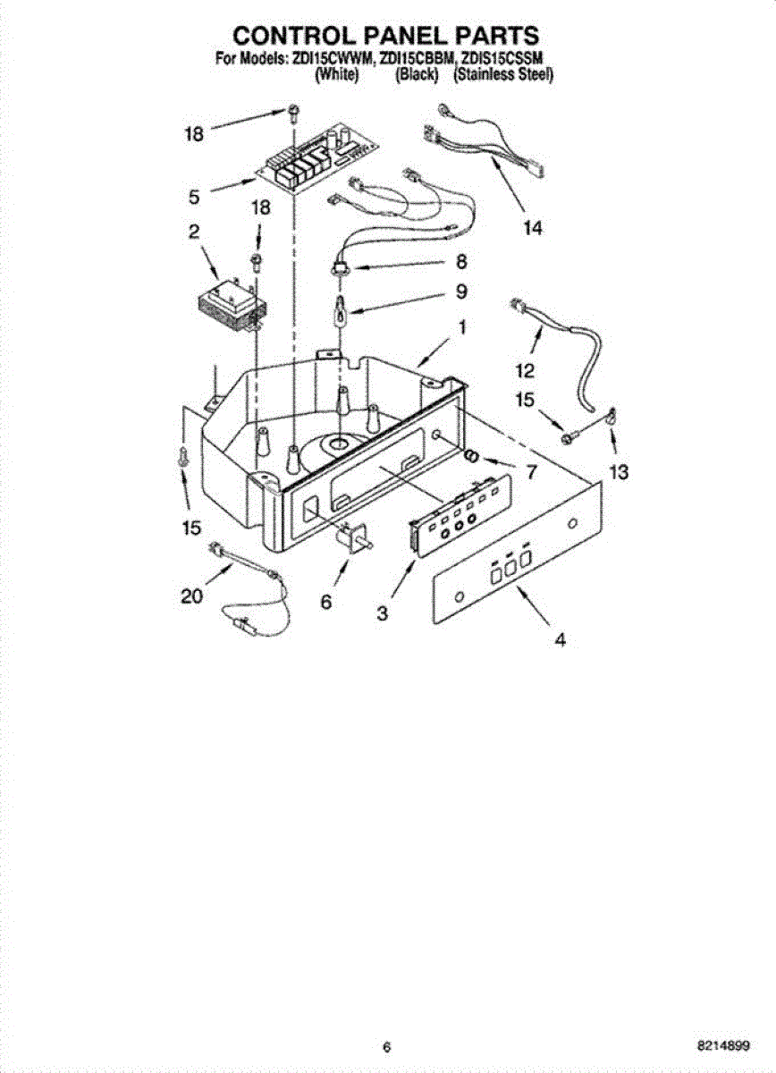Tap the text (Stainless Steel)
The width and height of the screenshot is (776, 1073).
(503, 76)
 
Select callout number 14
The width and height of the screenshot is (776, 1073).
(532, 229)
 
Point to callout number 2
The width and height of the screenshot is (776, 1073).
(193, 232)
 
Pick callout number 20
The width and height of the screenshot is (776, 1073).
(191, 596)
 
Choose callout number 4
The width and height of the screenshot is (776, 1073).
(560, 639)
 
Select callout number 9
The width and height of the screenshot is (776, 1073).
(460, 291)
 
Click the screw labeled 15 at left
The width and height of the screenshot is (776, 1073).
(183, 456)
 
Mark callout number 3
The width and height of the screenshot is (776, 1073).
(382, 613)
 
